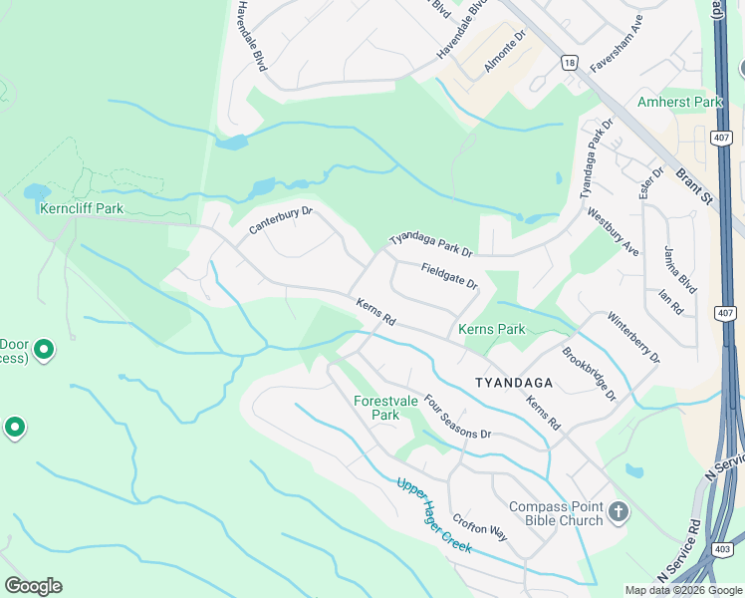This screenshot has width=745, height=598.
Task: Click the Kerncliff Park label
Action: coord(82,208)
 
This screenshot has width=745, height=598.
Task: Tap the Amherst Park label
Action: coord(679,103)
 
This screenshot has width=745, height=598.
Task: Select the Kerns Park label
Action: coord(491,329)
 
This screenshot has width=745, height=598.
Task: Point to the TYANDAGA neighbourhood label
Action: coord(513,382)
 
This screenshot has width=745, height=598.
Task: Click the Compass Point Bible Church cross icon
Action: coord(619,512)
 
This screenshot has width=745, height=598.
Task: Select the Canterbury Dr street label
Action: coord(281,220)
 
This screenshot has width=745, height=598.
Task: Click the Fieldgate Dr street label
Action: coord(449,276)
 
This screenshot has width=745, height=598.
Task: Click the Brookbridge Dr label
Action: coord(589,374)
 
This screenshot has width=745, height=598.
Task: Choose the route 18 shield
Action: coord(568,62)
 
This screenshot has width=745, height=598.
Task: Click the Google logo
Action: coord(33,586)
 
